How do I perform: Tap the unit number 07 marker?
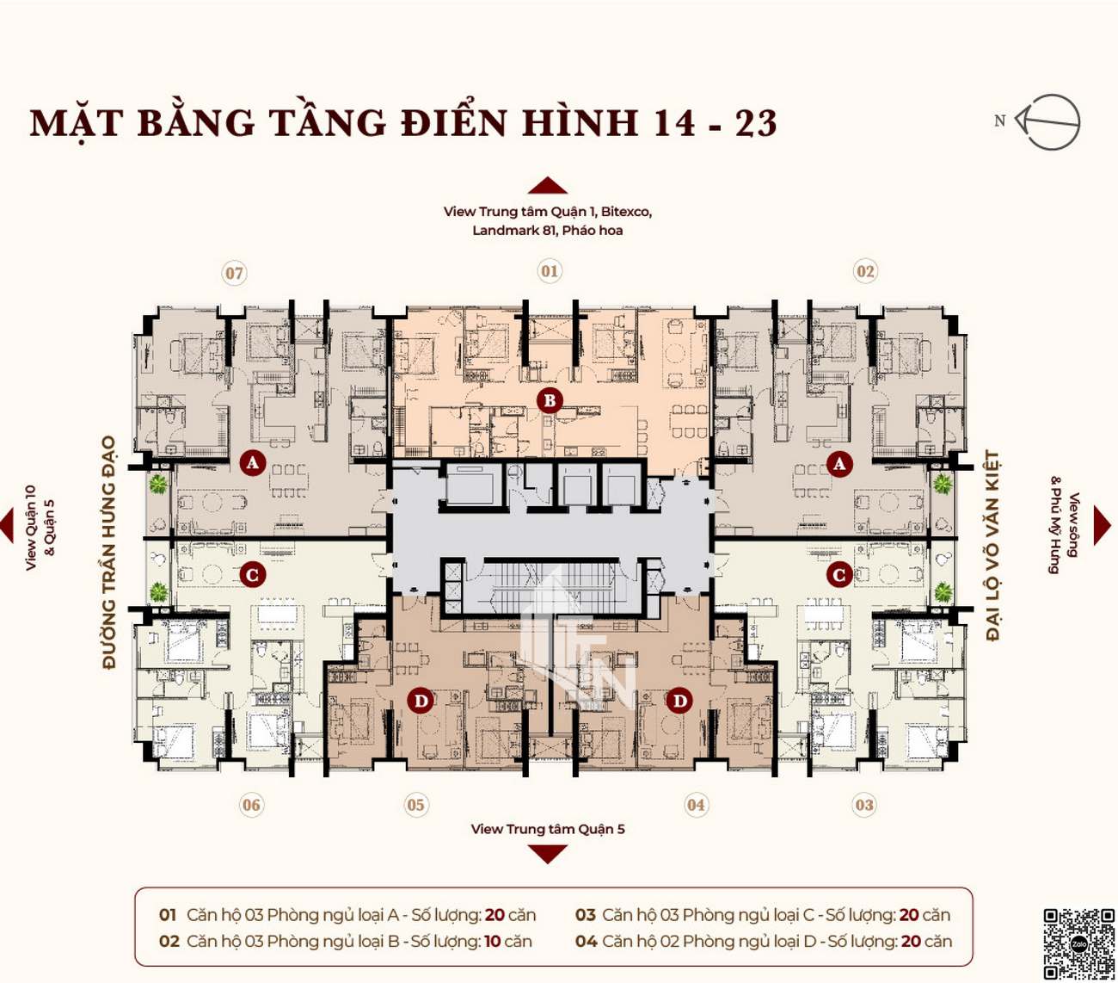(x=234, y=273)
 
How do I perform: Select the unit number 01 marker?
(x=549, y=271)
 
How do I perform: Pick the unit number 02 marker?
(x=864, y=271)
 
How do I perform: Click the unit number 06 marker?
(x=251, y=805)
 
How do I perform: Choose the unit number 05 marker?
(x=415, y=805)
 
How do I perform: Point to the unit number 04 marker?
(x=696, y=805)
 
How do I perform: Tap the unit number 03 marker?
(x=864, y=805)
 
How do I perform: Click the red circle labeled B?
(x=550, y=400)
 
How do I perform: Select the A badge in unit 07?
(x=253, y=463)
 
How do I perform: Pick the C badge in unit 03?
(x=839, y=576)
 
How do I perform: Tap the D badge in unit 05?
(x=421, y=701)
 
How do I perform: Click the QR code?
(x=1079, y=943)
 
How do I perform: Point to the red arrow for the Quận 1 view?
(x=548, y=186)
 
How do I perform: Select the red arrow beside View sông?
(x=1102, y=525)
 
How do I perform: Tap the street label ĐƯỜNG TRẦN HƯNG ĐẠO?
(x=110, y=553)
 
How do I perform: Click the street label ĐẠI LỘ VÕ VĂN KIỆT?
(x=992, y=546)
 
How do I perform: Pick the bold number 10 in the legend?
(x=492, y=941)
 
